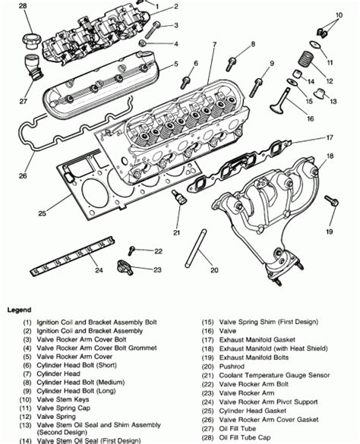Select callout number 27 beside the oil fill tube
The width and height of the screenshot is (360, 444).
[22, 99]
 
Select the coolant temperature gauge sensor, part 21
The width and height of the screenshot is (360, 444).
[179, 200]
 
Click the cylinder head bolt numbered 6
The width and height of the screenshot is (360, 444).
[185, 80]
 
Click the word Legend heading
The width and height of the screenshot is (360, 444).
[20, 310]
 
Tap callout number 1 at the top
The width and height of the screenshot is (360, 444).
[177, 6]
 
